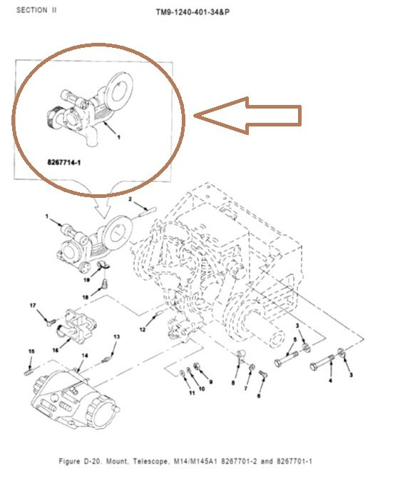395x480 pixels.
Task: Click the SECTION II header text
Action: tap(37, 11)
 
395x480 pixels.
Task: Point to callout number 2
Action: tap(130, 200)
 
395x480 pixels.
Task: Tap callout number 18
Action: tap(84, 296)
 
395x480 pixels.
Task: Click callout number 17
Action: tap(33, 306)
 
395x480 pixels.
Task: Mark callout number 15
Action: tap(31, 351)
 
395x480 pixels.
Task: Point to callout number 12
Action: tap(143, 329)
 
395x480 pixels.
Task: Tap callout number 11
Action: tap(191, 393)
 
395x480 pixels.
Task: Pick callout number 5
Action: tap(294, 340)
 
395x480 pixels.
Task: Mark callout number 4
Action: tap(330, 381)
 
